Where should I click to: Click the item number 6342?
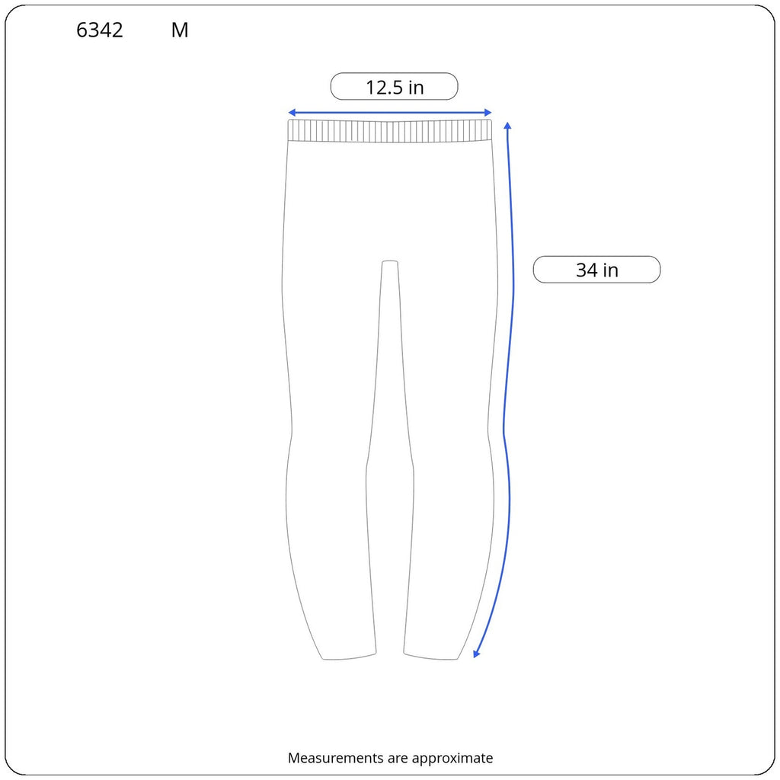tap(100, 30)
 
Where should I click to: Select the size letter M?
tap(180, 30)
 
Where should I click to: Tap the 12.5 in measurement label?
tap(395, 87)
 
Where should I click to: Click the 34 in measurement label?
tap(597, 270)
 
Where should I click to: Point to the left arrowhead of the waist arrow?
tap(292, 113)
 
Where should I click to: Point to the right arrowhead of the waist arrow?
tap(488, 113)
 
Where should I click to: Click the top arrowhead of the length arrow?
tap(507, 126)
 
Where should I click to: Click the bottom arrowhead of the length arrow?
tap(476, 654)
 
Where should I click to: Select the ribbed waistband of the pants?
tap(390, 131)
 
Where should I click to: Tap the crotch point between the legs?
tap(390, 262)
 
